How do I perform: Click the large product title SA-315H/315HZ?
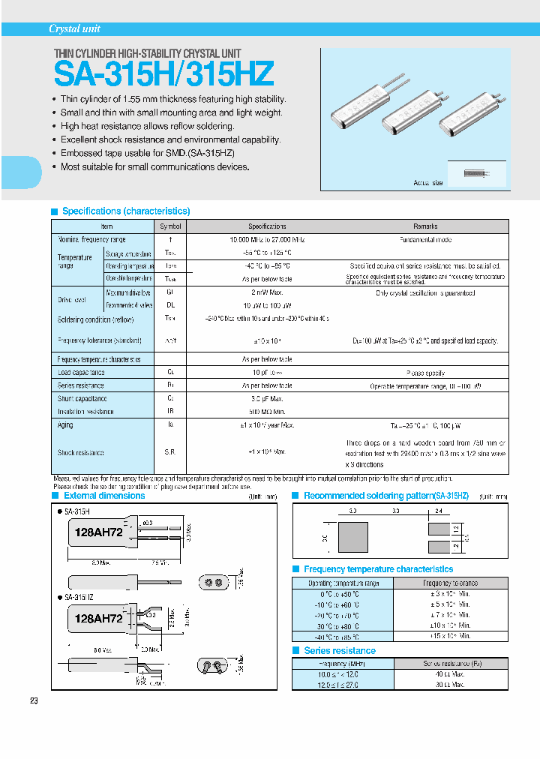pos(163,74)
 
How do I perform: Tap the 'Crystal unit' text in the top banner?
pos(74,29)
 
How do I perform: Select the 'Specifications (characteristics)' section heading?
pos(125,211)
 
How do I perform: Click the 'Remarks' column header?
pos(425,226)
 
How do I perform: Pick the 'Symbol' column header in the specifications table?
pos(170,226)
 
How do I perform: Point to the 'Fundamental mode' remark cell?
pos(425,239)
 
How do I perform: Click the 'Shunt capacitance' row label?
pos(82,399)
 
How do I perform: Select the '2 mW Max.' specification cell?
pos(267,292)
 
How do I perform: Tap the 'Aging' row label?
pos(66,425)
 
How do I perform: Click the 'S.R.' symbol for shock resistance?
pos(170,452)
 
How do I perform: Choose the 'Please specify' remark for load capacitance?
pos(425,373)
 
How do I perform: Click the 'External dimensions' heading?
pos(104,496)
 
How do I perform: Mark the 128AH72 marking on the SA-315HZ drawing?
pos(97,619)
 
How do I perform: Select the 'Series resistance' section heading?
pos(340,650)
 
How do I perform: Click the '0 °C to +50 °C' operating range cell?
pos(342,593)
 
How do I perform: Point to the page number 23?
pos(34,700)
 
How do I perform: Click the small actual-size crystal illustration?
pos(474,172)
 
